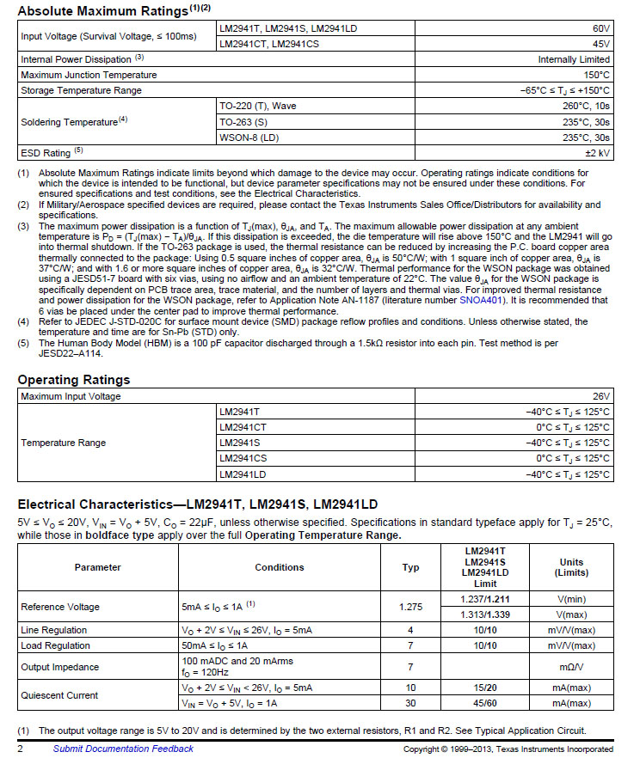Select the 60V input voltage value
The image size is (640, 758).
point(601,28)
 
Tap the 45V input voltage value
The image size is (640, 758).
point(601,43)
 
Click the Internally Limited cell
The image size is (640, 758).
point(574,59)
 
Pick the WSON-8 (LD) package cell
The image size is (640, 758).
point(250,137)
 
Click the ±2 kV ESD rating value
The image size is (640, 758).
point(598,152)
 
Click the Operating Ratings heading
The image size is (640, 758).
point(74,380)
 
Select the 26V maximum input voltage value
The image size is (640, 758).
point(600,396)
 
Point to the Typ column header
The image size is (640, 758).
point(411,567)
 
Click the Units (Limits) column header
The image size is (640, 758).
point(571,567)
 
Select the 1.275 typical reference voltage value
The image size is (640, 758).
point(411,607)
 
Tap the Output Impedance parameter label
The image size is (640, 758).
point(60,667)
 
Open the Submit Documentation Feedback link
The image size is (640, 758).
point(123,749)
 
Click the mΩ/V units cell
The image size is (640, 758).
point(571,667)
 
